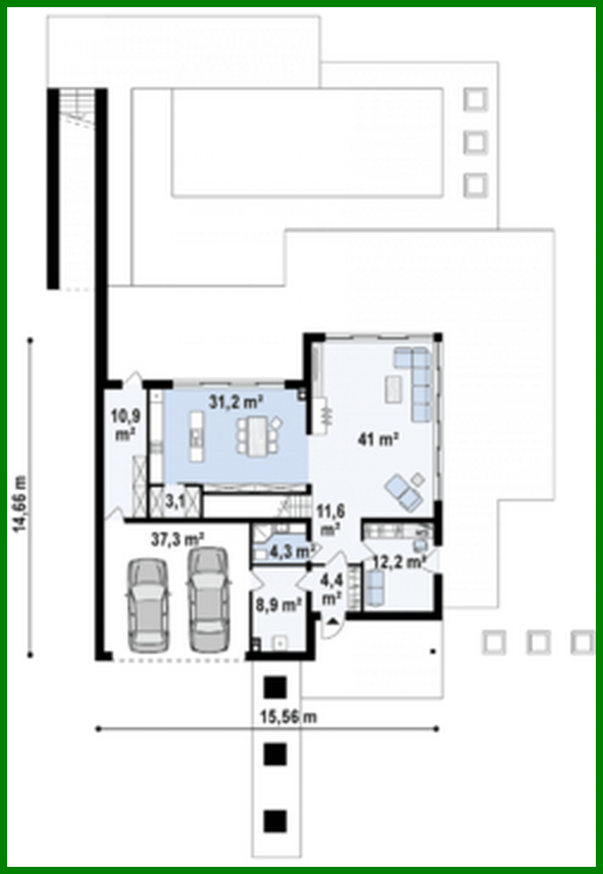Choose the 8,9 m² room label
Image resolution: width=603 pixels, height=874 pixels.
tap(278, 606)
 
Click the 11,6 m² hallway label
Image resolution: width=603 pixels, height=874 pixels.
tap(329, 517)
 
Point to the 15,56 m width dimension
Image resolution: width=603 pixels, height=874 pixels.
tap(288, 716)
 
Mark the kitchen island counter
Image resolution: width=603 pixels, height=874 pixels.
tap(194, 435)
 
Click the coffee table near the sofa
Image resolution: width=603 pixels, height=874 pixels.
tap(394, 388)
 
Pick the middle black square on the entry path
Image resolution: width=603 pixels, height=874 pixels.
tap(274, 753)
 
